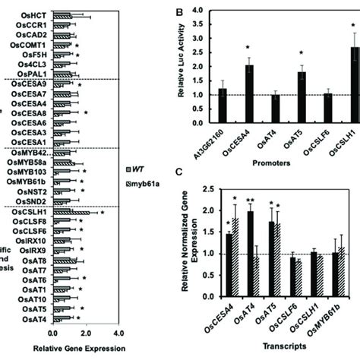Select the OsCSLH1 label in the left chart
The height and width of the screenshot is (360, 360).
point(30,211)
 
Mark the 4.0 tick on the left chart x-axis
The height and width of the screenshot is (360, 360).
point(117,333)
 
